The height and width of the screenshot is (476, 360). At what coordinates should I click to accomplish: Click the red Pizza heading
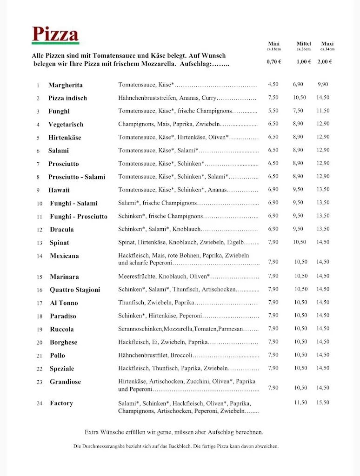click(55, 34)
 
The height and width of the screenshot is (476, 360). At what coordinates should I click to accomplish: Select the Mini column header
click(273, 44)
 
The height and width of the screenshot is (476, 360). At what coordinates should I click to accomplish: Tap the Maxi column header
click(327, 44)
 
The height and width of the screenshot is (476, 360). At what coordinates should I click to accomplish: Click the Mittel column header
click(304, 44)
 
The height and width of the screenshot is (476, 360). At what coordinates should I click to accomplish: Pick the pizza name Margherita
click(66, 85)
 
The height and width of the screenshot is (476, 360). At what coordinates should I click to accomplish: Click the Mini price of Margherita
click(273, 85)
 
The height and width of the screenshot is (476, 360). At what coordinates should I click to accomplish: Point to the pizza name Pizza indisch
click(67, 98)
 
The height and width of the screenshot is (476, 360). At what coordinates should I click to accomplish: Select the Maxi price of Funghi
click(323, 111)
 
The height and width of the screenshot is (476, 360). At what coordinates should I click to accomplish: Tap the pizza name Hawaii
click(59, 190)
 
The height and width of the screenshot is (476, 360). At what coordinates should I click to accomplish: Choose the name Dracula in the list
click(62, 230)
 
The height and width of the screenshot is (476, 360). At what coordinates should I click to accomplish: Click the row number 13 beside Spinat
click(40, 243)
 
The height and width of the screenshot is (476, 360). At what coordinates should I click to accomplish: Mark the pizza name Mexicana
click(64, 256)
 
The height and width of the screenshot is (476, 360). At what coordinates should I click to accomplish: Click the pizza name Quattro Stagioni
click(75, 290)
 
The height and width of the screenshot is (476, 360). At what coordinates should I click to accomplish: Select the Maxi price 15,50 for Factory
click(323, 403)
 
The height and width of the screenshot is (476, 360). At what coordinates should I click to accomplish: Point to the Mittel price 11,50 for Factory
click(300, 403)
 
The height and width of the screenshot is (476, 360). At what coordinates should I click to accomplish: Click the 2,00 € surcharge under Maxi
click(325, 61)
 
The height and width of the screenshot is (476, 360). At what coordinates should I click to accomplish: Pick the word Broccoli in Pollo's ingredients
click(181, 355)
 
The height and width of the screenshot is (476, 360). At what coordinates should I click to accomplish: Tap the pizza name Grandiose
click(65, 382)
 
